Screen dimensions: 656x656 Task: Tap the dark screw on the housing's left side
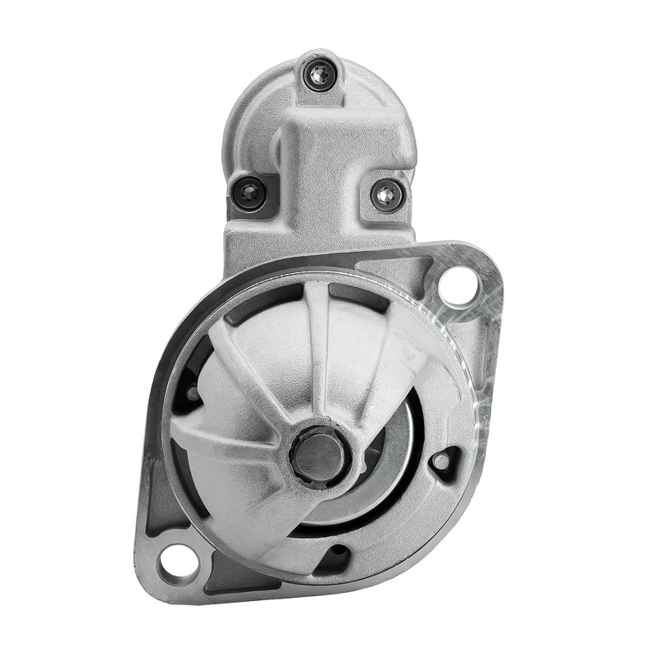click(x=249, y=194)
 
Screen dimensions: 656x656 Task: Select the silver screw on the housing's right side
click(x=386, y=194)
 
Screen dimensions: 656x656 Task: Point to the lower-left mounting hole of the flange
click(x=178, y=563)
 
